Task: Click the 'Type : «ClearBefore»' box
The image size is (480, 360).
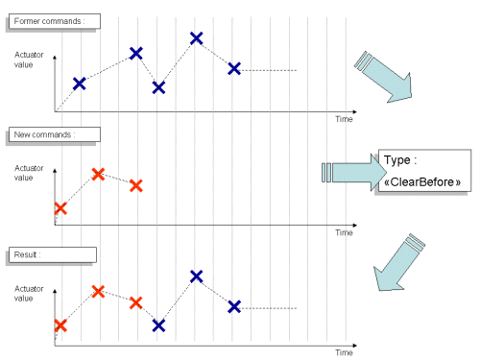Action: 424,171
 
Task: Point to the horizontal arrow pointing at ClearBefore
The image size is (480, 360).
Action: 350,172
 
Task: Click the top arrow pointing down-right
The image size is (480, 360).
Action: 384,74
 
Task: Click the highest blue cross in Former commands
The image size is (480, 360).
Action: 196,38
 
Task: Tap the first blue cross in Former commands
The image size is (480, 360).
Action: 80,84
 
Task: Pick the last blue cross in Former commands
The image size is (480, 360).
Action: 234,68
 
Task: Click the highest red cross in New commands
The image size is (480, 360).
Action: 97,174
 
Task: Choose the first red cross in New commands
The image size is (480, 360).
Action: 60,207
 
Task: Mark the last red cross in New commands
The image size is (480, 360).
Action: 135,184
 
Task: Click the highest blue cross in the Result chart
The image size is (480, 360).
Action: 196,276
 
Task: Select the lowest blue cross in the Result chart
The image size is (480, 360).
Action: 158,325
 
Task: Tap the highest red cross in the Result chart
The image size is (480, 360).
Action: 97,291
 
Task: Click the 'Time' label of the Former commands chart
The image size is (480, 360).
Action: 344,119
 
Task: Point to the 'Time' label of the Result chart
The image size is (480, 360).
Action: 344,352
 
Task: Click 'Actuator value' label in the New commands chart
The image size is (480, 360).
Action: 29,173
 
